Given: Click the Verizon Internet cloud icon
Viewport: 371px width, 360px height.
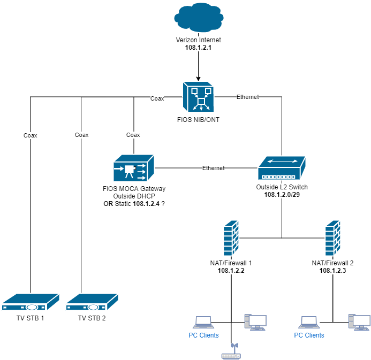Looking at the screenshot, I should point(198,19).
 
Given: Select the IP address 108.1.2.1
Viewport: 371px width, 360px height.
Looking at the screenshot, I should point(198,48).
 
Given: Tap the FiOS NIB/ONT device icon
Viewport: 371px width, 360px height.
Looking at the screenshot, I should point(198,97).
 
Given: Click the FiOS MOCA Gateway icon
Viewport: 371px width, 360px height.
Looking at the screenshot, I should point(133,168).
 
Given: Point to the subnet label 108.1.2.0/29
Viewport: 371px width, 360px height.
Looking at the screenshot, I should point(281,195).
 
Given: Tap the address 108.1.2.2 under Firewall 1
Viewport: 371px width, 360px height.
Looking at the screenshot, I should point(231,271).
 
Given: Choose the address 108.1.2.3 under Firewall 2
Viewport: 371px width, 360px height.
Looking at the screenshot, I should point(333,271).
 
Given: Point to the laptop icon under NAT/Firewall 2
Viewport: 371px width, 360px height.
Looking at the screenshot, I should point(309,321).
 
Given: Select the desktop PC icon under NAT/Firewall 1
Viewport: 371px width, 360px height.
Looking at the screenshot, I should point(255,320).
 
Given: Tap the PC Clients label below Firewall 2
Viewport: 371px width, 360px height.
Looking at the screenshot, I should point(309,335).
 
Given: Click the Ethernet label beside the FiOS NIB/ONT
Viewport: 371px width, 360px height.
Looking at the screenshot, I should point(247,97).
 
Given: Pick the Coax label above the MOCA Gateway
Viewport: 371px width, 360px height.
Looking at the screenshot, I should point(133,135).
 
